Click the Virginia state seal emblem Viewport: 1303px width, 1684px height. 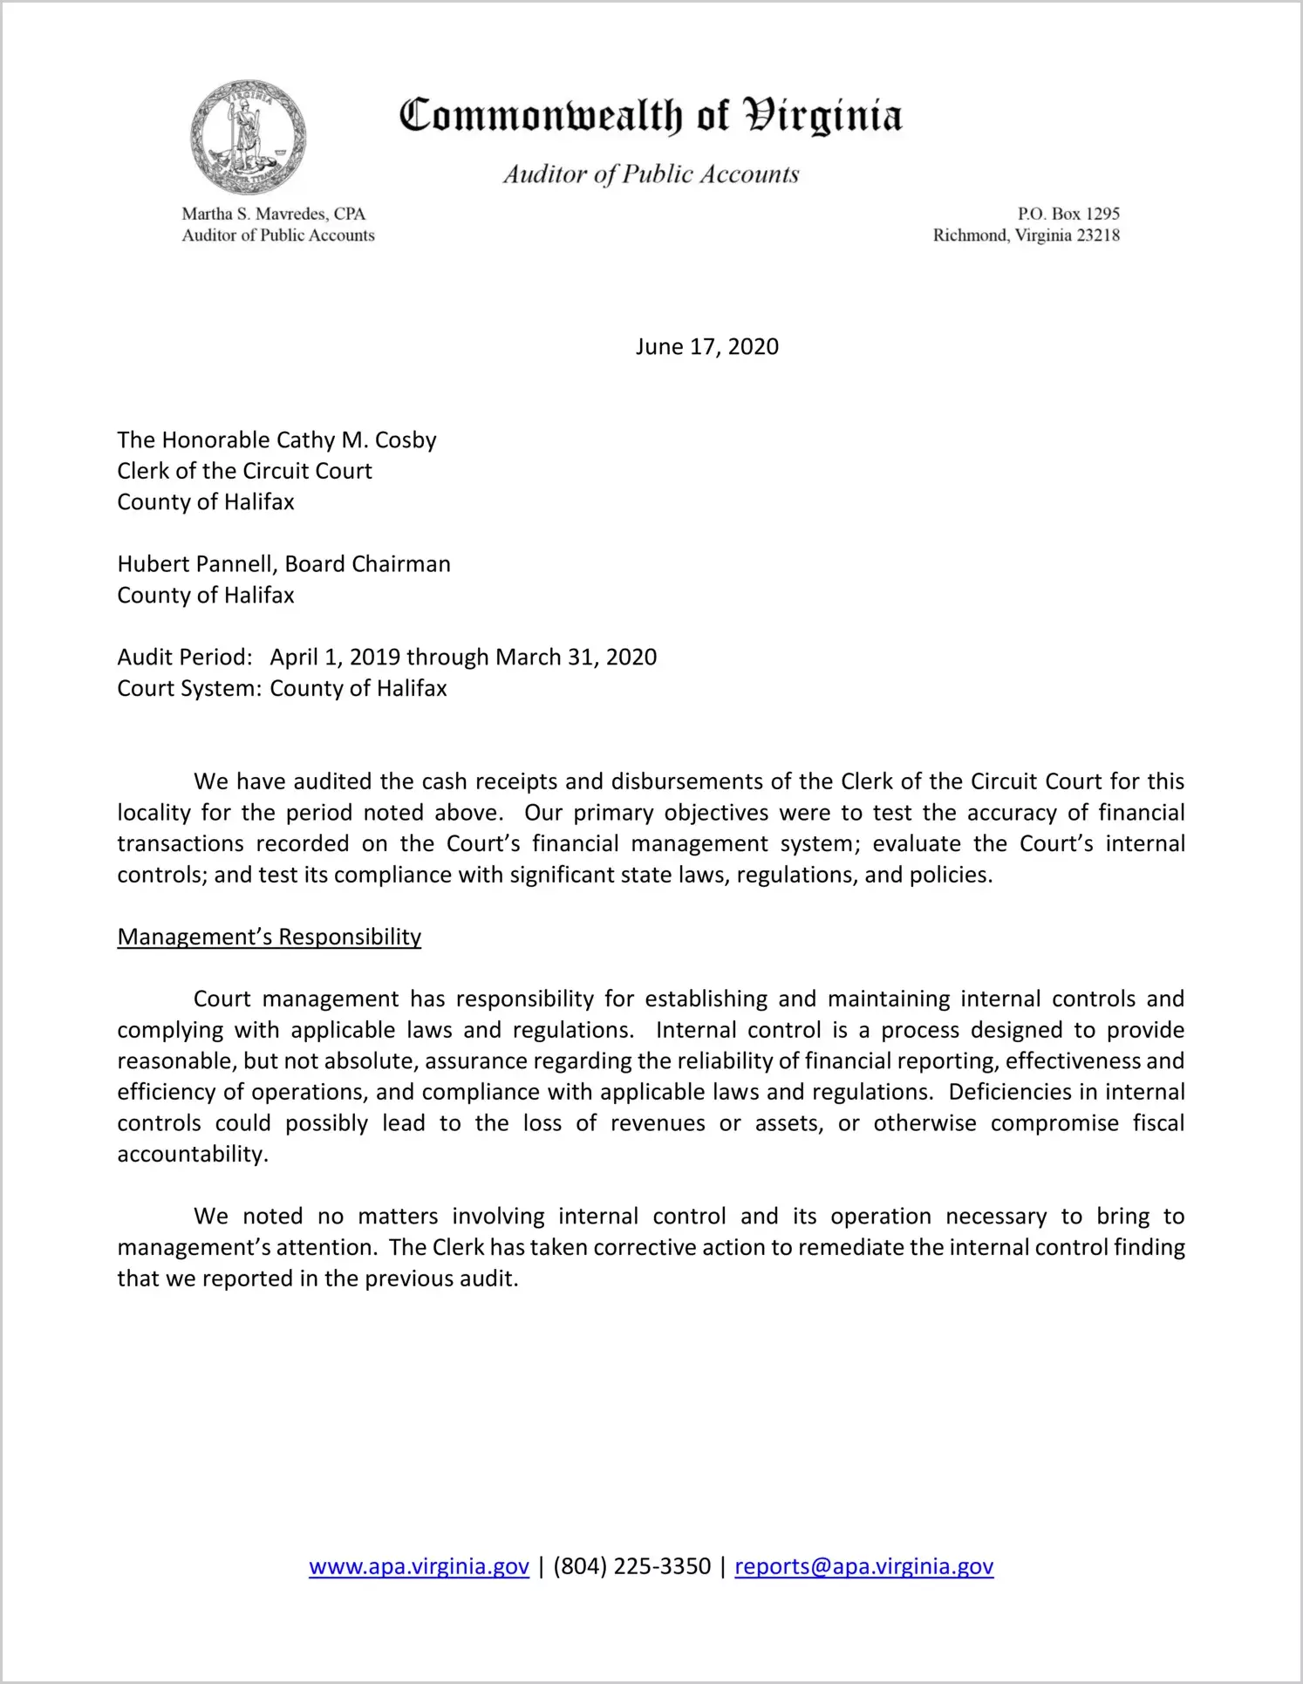point(248,137)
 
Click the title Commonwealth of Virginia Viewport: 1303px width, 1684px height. point(651,116)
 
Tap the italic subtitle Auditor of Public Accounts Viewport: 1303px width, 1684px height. point(651,174)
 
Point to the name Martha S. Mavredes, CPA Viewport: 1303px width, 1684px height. point(273,214)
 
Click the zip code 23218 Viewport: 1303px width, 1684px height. point(1097,235)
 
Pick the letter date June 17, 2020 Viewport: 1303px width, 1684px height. point(706,347)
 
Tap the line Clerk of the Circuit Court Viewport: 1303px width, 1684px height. point(244,471)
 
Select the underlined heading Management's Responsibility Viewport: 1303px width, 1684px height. point(269,937)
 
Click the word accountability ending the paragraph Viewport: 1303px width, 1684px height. point(192,1155)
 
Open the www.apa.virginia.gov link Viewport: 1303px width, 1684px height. point(419,1566)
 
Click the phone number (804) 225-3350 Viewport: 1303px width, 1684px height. point(631,1566)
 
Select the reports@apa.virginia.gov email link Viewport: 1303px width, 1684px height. point(863,1566)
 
